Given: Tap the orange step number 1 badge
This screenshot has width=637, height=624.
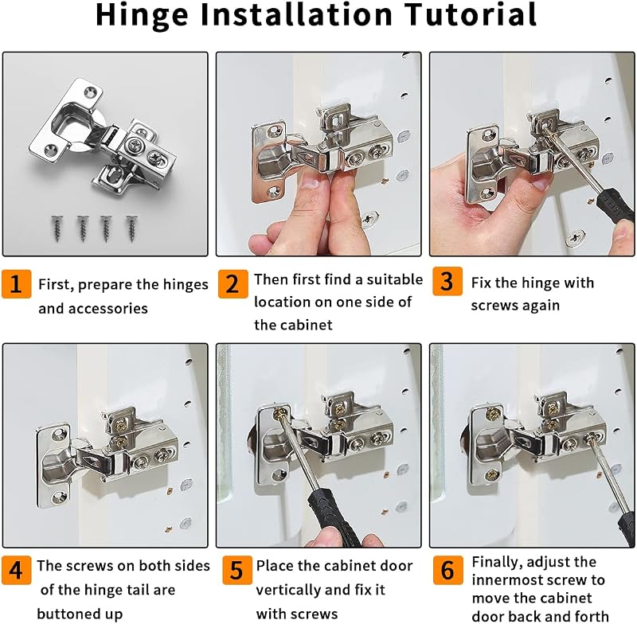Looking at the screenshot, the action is [16, 283].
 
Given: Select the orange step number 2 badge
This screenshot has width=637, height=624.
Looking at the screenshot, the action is [233, 283].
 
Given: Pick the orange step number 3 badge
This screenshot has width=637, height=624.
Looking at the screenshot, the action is [447, 281].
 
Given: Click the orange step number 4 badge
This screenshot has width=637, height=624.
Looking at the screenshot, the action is [16, 570].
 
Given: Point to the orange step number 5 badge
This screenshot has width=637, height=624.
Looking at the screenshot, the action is [237, 570].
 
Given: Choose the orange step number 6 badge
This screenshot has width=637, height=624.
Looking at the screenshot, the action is [447, 570].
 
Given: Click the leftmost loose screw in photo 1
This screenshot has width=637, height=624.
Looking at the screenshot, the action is [57, 228].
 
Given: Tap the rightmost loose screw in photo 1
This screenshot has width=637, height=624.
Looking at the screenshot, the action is [131, 228].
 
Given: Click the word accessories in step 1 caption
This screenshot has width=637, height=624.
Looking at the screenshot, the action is [107, 309].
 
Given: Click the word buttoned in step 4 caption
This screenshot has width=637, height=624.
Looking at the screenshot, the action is [67, 614].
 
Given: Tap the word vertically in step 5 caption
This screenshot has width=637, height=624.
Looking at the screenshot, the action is [288, 590].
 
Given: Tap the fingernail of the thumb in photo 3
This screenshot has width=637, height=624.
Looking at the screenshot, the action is [541, 183].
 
